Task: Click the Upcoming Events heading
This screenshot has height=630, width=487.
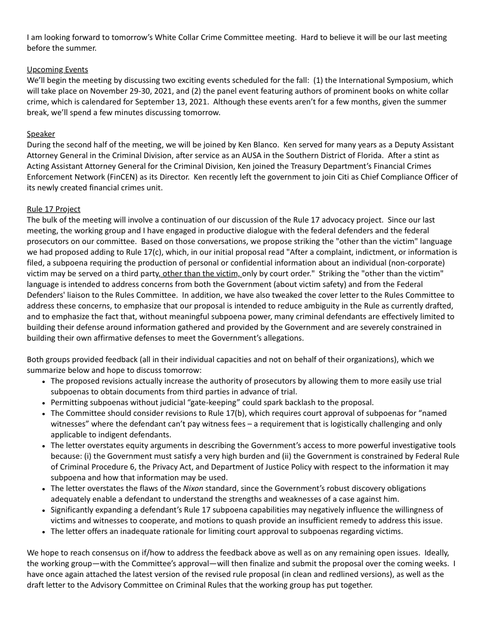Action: pyautogui.click(x=57, y=70)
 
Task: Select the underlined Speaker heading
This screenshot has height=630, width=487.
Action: pyautogui.click(x=41, y=134)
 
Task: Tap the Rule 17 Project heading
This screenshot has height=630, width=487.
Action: pyautogui.click(x=54, y=209)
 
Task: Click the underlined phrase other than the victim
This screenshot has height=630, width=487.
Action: pyautogui.click(x=201, y=274)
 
